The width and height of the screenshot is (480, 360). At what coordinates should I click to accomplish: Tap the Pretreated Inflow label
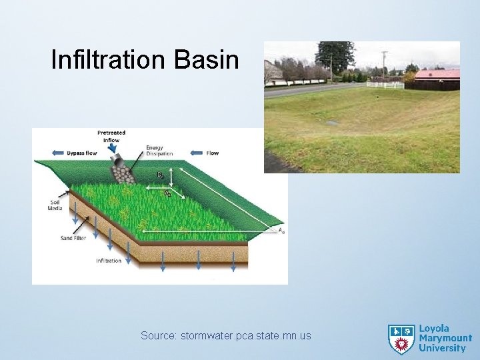point(111,137)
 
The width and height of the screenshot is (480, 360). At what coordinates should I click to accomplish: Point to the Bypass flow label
point(82,153)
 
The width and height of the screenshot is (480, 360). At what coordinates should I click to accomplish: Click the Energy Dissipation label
point(159,151)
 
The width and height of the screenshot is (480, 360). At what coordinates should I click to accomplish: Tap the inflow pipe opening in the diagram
point(115,162)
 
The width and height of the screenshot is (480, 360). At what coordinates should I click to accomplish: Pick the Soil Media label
point(55,205)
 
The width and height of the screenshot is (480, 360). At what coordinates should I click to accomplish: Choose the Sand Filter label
point(75,238)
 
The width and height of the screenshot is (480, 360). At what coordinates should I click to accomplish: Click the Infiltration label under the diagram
point(109,261)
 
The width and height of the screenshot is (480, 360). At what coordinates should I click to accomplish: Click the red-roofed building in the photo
point(437,77)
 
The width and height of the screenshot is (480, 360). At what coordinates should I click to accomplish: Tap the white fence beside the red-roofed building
point(385,85)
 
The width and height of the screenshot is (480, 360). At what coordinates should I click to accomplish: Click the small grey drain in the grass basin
point(331,123)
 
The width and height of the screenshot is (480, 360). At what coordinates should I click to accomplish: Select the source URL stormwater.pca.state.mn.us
point(226,335)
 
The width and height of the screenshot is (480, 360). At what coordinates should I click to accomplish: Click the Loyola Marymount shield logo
point(401,339)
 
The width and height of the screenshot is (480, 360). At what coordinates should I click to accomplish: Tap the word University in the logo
point(442,348)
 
